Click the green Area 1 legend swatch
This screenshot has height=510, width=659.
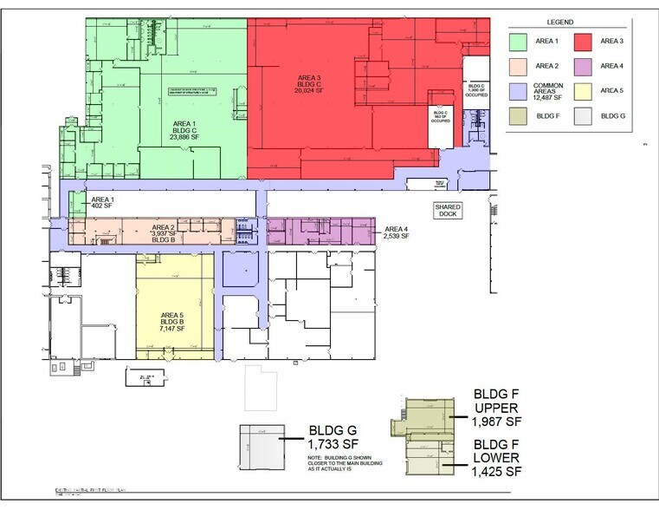coord(520,40)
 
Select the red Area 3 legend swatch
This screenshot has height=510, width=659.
coord(583,40)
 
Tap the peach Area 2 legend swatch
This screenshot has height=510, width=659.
coord(520,65)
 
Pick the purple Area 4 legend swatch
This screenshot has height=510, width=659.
coord(583,65)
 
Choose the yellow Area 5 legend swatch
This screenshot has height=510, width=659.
coord(583,89)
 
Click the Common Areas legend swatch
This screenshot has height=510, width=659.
coord(520,89)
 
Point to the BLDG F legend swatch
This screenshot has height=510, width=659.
coord(520,114)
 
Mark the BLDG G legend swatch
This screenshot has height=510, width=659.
coord(583,114)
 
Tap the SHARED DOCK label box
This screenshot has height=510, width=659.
coord(448,211)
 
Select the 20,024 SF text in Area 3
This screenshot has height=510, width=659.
coord(308,90)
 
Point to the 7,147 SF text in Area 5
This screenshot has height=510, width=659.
coord(174,331)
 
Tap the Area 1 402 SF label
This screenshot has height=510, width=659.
coord(102,206)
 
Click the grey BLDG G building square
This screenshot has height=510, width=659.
coord(262,448)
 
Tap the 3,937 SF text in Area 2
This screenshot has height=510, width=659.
coord(165,233)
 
